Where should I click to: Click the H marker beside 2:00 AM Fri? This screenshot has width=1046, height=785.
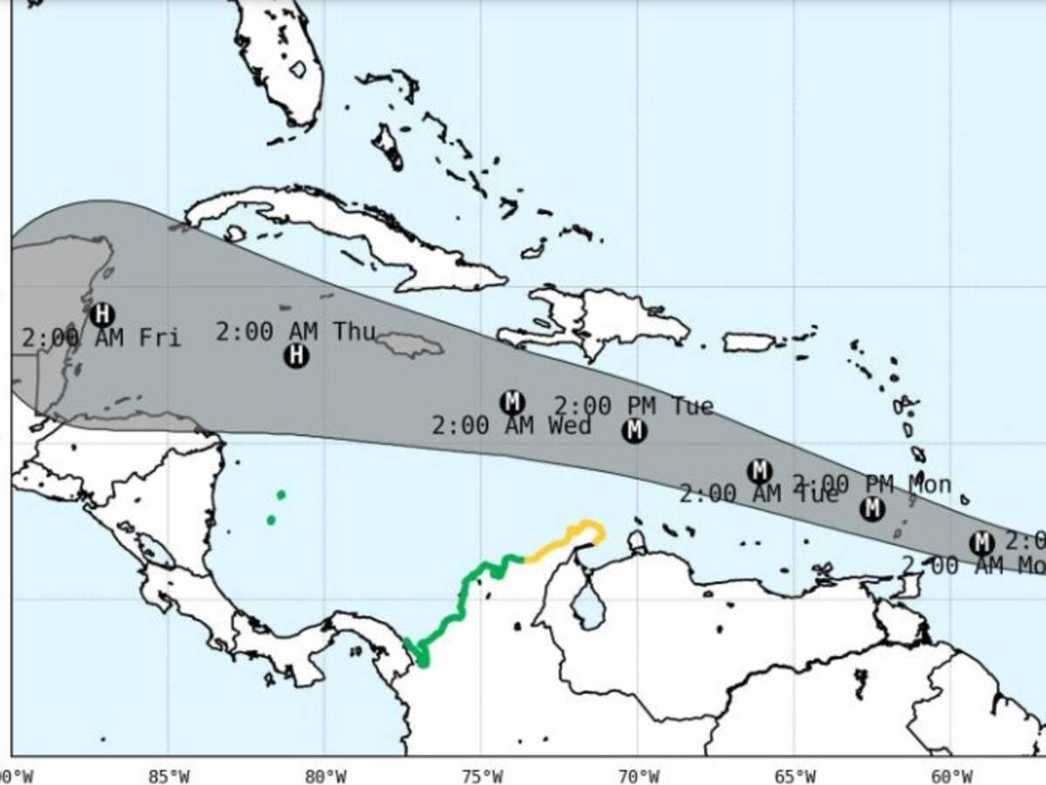point(102,314)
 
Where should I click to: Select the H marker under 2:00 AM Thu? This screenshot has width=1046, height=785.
point(296,355)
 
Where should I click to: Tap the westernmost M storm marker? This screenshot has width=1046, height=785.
point(512,402)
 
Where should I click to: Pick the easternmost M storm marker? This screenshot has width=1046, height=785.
point(981,543)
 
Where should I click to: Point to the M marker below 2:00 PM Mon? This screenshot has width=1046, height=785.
point(872,509)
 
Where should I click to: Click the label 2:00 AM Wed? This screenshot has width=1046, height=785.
point(511,427)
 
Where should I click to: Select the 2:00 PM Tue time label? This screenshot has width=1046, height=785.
point(634,406)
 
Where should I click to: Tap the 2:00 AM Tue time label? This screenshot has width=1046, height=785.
point(757,495)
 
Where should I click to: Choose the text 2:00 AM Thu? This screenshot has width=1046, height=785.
point(295,331)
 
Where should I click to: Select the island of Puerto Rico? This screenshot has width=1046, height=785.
point(749,342)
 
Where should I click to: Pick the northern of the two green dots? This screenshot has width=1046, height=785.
point(281,495)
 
